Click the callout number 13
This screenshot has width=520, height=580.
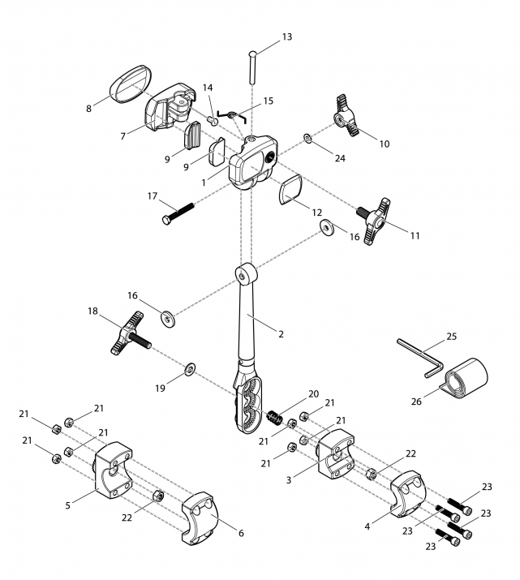pos(287,37)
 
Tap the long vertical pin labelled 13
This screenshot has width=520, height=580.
pos(252,67)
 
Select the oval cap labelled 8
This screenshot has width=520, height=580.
pos(131,84)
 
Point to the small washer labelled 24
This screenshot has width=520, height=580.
pos(308,139)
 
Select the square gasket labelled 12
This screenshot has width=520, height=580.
pos(290,189)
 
